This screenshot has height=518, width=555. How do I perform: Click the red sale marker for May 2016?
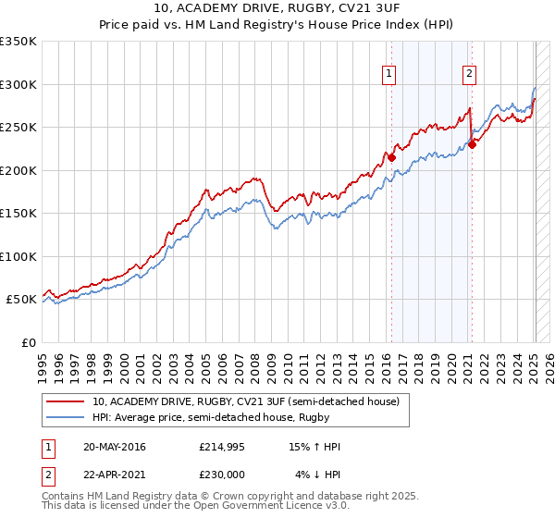(391, 157)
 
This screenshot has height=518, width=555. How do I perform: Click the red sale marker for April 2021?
(472, 143)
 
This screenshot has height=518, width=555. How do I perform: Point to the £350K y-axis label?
(18, 42)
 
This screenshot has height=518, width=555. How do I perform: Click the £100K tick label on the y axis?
(18, 256)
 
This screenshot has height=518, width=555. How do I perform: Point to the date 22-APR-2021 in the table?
(114, 475)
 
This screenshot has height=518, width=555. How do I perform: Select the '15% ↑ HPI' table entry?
(314, 447)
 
